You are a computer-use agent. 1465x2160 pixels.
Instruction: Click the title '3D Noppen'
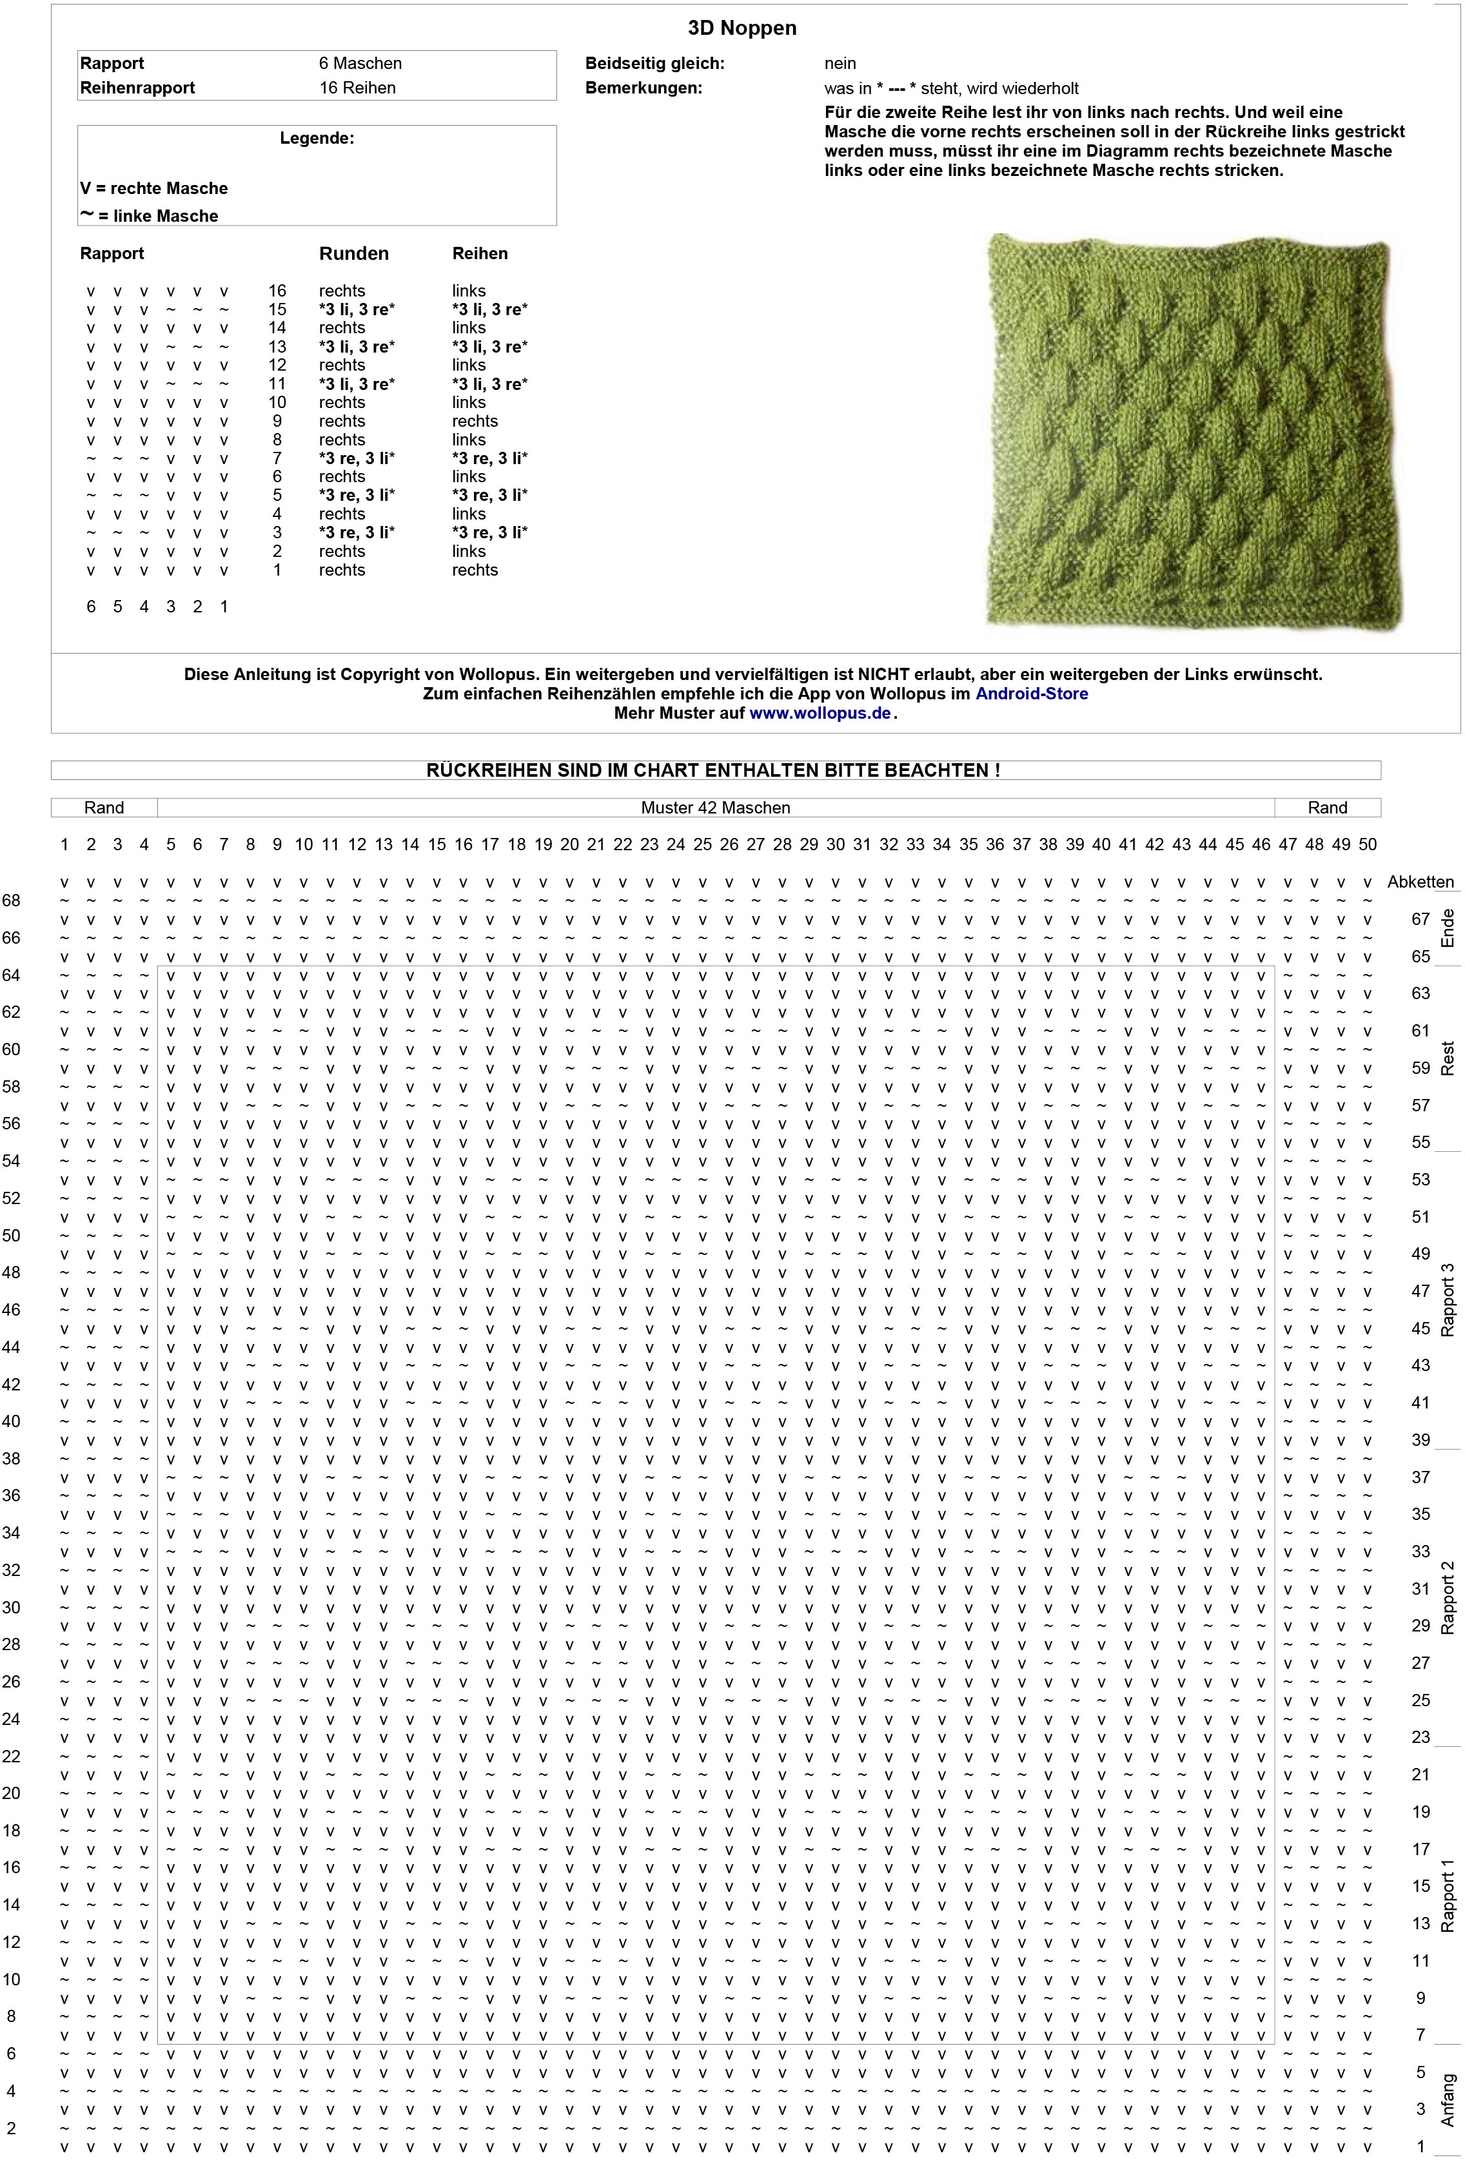click(742, 28)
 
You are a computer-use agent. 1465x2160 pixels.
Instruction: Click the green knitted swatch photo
click(1194, 432)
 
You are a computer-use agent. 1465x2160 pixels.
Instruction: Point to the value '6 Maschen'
click(360, 63)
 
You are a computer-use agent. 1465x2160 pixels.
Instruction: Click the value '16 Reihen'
click(357, 88)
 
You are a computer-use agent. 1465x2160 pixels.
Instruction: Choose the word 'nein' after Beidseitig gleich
click(840, 63)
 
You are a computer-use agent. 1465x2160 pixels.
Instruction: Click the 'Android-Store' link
click(1031, 694)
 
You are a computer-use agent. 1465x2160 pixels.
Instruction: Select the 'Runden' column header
click(353, 254)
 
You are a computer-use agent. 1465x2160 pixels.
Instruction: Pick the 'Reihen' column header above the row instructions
click(480, 254)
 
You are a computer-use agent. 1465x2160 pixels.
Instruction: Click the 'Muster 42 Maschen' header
click(715, 808)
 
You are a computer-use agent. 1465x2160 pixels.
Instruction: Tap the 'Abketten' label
click(1421, 882)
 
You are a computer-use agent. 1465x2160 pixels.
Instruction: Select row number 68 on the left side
click(11, 900)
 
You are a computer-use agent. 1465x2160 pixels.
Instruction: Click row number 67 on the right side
click(1421, 919)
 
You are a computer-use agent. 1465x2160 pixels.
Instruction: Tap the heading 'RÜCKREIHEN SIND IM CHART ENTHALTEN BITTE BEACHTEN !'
click(713, 770)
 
